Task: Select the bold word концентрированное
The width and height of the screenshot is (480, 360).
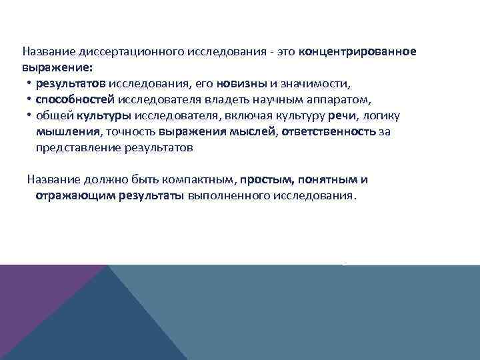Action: click(358, 52)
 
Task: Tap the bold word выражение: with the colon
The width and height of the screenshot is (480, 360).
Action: click(58, 67)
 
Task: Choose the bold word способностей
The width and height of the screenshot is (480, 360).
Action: click(76, 100)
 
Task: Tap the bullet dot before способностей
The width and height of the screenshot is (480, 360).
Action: click(30, 100)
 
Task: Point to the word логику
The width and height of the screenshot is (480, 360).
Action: click(381, 116)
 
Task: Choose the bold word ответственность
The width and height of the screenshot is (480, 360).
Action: click(329, 131)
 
